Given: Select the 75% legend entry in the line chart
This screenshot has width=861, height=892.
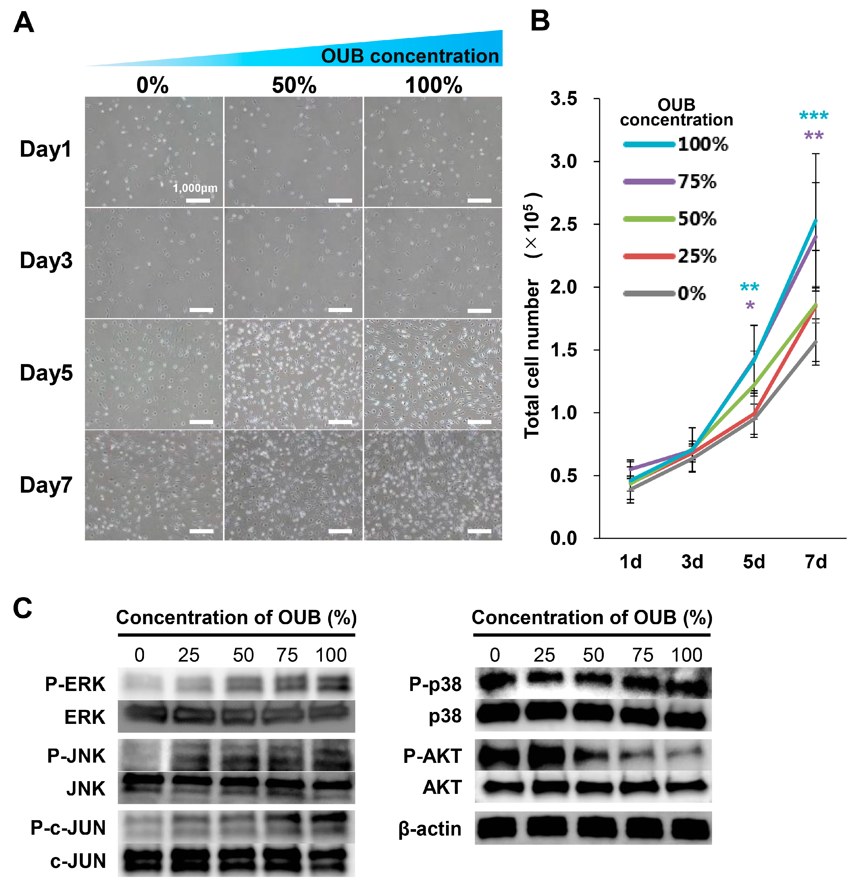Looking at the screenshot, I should pos(697,182).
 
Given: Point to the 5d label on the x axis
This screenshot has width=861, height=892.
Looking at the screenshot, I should pos(754,562).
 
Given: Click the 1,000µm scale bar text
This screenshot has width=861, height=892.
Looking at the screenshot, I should pos(195,188).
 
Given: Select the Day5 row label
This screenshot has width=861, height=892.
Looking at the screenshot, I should pos(46,373).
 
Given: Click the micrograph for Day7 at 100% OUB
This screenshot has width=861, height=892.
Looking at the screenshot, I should pos(433,486).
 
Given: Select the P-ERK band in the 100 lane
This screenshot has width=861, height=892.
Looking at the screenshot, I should pos(331,684).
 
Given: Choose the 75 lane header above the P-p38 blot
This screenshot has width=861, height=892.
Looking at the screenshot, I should pos(643,655).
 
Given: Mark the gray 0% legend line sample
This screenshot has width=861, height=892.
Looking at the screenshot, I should pos(649,294).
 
